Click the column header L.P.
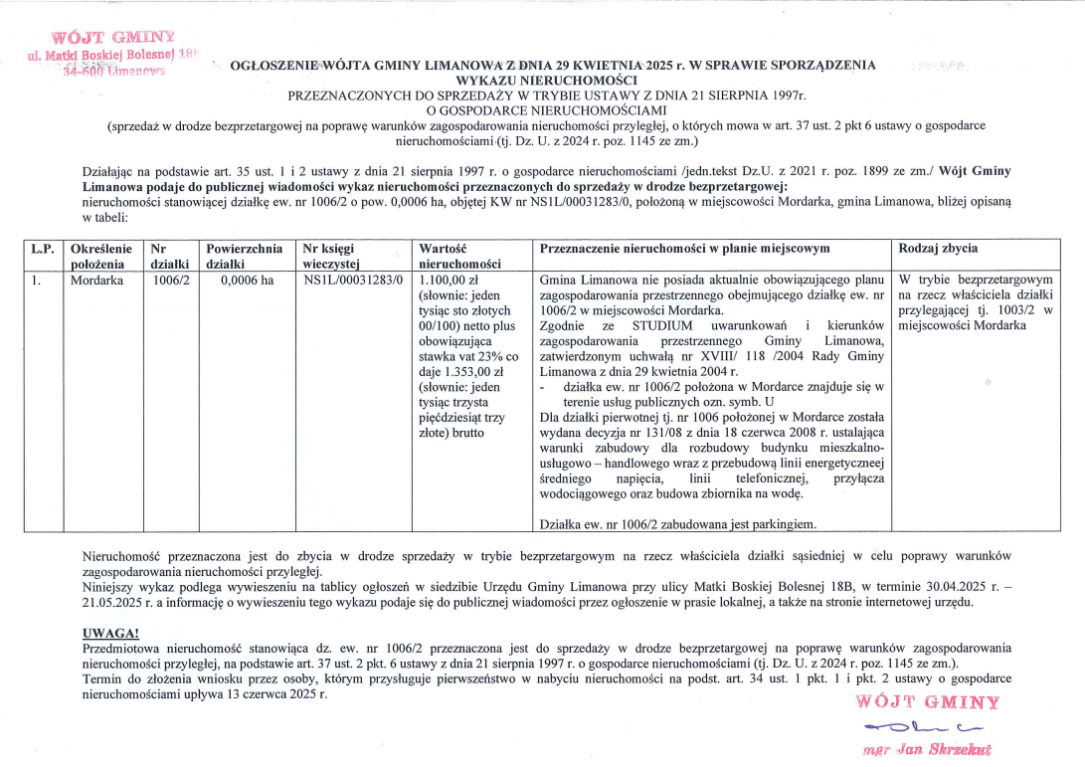43,248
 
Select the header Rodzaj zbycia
937,248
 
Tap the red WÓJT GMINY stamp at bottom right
927,702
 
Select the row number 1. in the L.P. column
36,281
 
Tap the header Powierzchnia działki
245,256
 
